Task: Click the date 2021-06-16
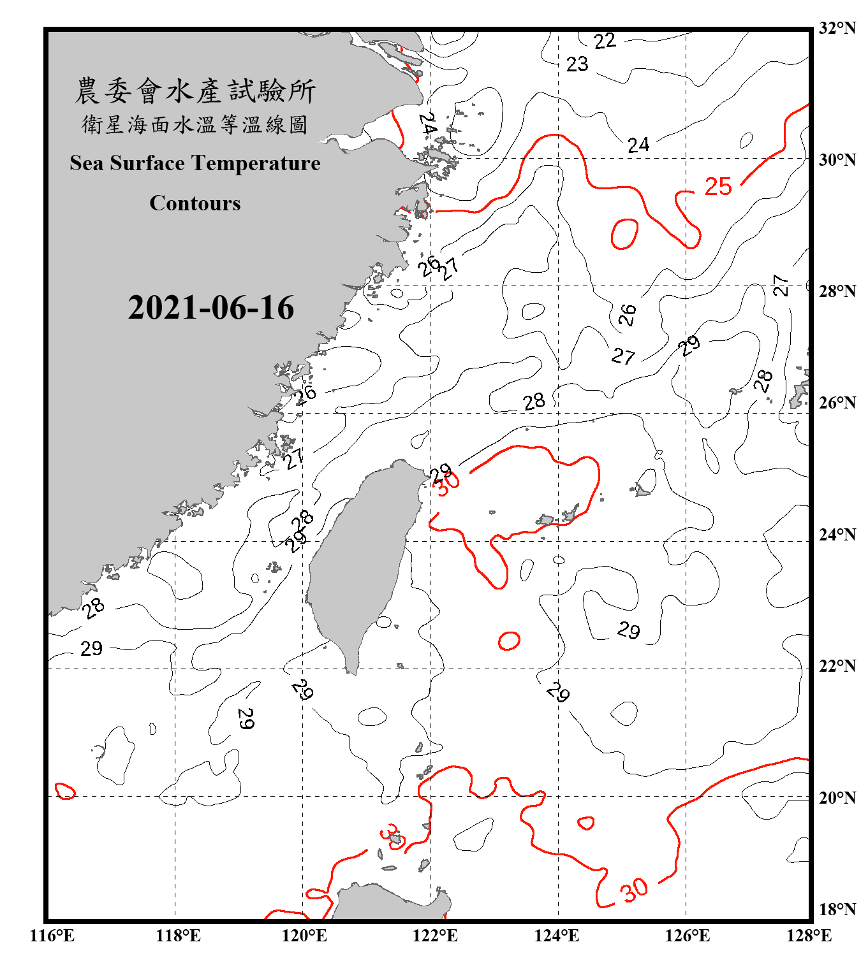pyautogui.click(x=211, y=308)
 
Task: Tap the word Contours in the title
pyautogui.click(x=195, y=203)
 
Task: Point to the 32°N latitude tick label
pyautogui.click(x=837, y=28)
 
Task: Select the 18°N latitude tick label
pyautogui.click(x=837, y=909)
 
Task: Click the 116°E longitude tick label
pyautogui.click(x=52, y=936)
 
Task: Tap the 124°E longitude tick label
pyautogui.click(x=557, y=936)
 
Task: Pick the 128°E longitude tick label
pyautogui.click(x=809, y=936)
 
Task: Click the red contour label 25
pyautogui.click(x=718, y=187)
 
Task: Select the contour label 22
pyautogui.click(x=605, y=41)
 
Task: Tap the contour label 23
pyautogui.click(x=577, y=64)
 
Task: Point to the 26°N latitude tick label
pyautogui.click(x=837, y=403)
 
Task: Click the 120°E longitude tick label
pyautogui.click(x=304, y=936)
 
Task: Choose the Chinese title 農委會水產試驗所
pyautogui.click(x=195, y=91)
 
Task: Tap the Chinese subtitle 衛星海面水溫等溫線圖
pyautogui.click(x=195, y=125)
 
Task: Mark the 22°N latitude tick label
pyautogui.click(x=837, y=666)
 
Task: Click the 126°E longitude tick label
pyautogui.click(x=687, y=936)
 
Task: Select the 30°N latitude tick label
pyautogui.click(x=837, y=160)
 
